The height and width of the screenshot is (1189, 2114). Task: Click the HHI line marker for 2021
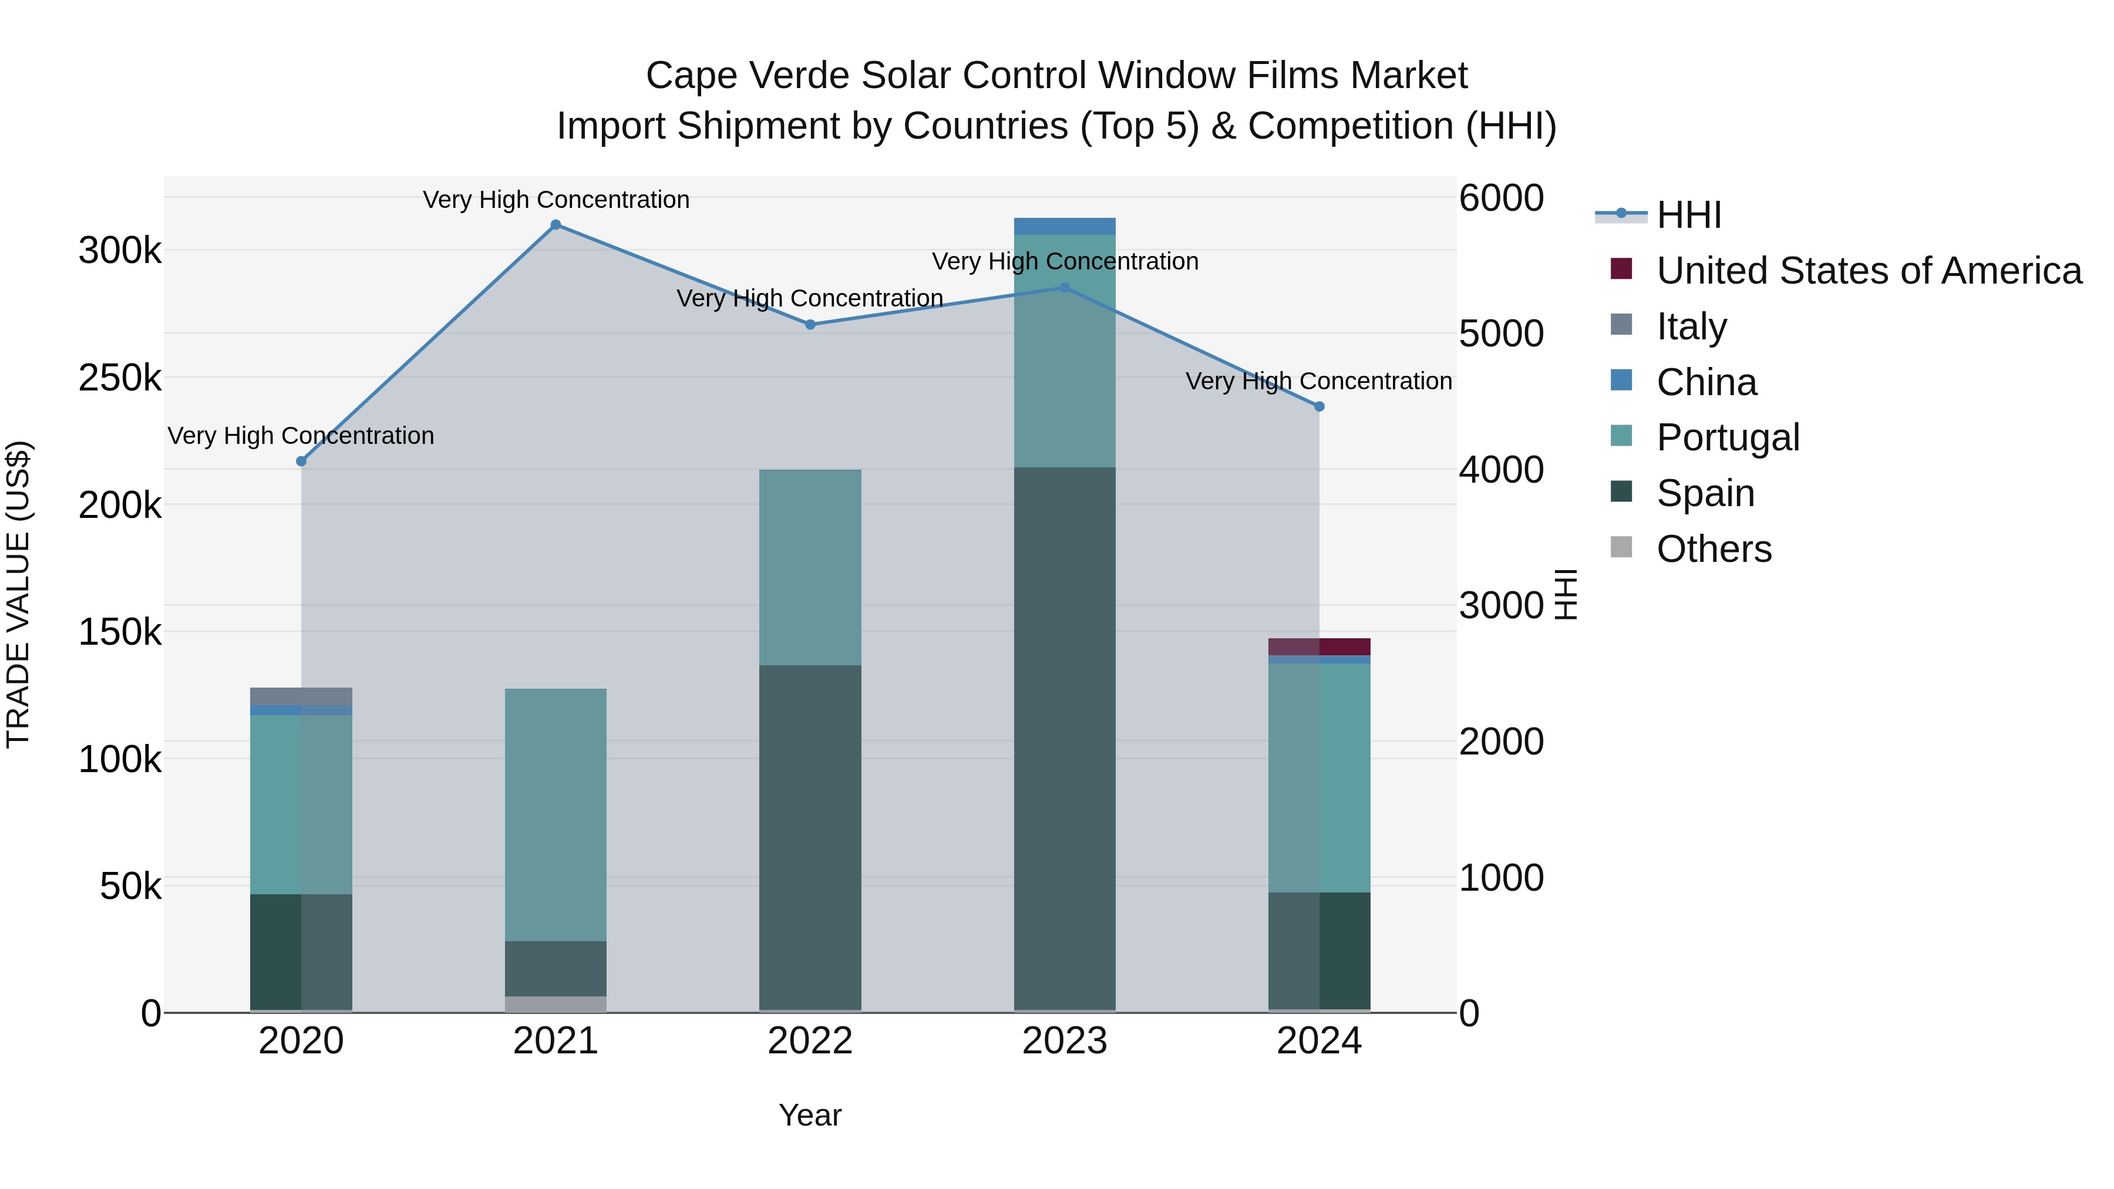click(x=556, y=225)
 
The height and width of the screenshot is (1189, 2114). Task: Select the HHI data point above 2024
click(x=1319, y=406)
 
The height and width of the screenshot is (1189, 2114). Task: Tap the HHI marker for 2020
click(x=301, y=461)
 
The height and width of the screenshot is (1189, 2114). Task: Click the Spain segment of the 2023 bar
click(x=1065, y=739)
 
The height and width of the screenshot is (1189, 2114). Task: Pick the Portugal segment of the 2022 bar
click(x=810, y=567)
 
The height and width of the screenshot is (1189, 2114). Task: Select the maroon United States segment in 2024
click(x=1319, y=646)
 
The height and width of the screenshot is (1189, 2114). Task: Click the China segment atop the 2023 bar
click(x=1065, y=227)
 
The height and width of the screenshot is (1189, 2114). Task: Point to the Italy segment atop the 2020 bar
click(x=301, y=696)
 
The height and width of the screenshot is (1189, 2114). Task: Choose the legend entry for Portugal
click(x=1728, y=437)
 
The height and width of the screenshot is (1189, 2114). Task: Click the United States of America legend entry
click(x=1869, y=271)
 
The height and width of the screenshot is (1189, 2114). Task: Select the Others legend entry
click(x=1714, y=549)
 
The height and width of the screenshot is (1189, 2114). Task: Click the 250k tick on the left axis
click(x=120, y=378)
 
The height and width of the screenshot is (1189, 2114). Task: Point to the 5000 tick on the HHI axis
click(x=1501, y=334)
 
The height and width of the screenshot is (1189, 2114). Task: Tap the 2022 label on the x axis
click(x=810, y=1041)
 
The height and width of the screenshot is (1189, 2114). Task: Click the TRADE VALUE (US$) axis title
click(x=18, y=594)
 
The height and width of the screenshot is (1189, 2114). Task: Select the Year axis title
click(x=810, y=1115)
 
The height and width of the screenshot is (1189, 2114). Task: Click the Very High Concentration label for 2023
click(x=1065, y=262)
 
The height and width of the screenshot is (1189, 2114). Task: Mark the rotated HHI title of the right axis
click(x=1566, y=594)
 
